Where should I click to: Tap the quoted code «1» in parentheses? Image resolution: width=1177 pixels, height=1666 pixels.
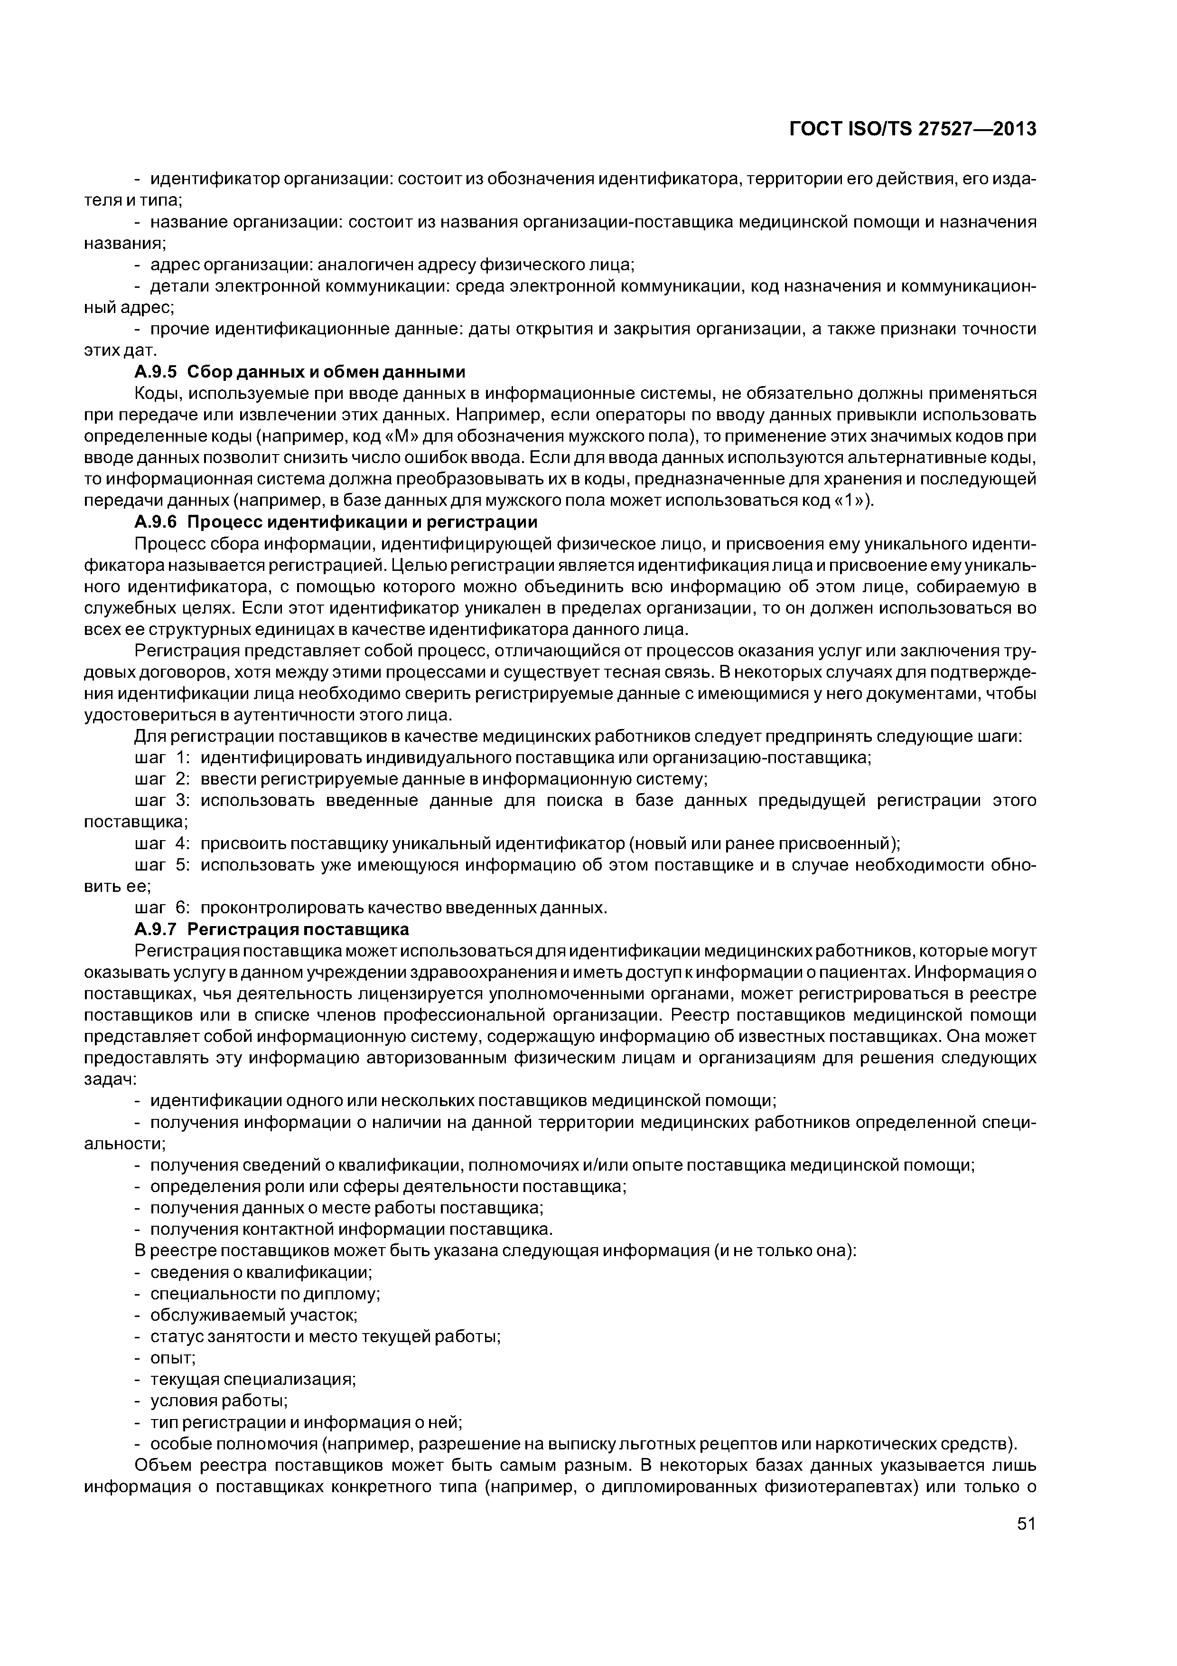click(x=847, y=502)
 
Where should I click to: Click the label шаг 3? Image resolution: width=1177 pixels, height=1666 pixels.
click(x=162, y=801)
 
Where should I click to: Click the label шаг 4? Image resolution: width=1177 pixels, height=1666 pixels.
click(x=162, y=844)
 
